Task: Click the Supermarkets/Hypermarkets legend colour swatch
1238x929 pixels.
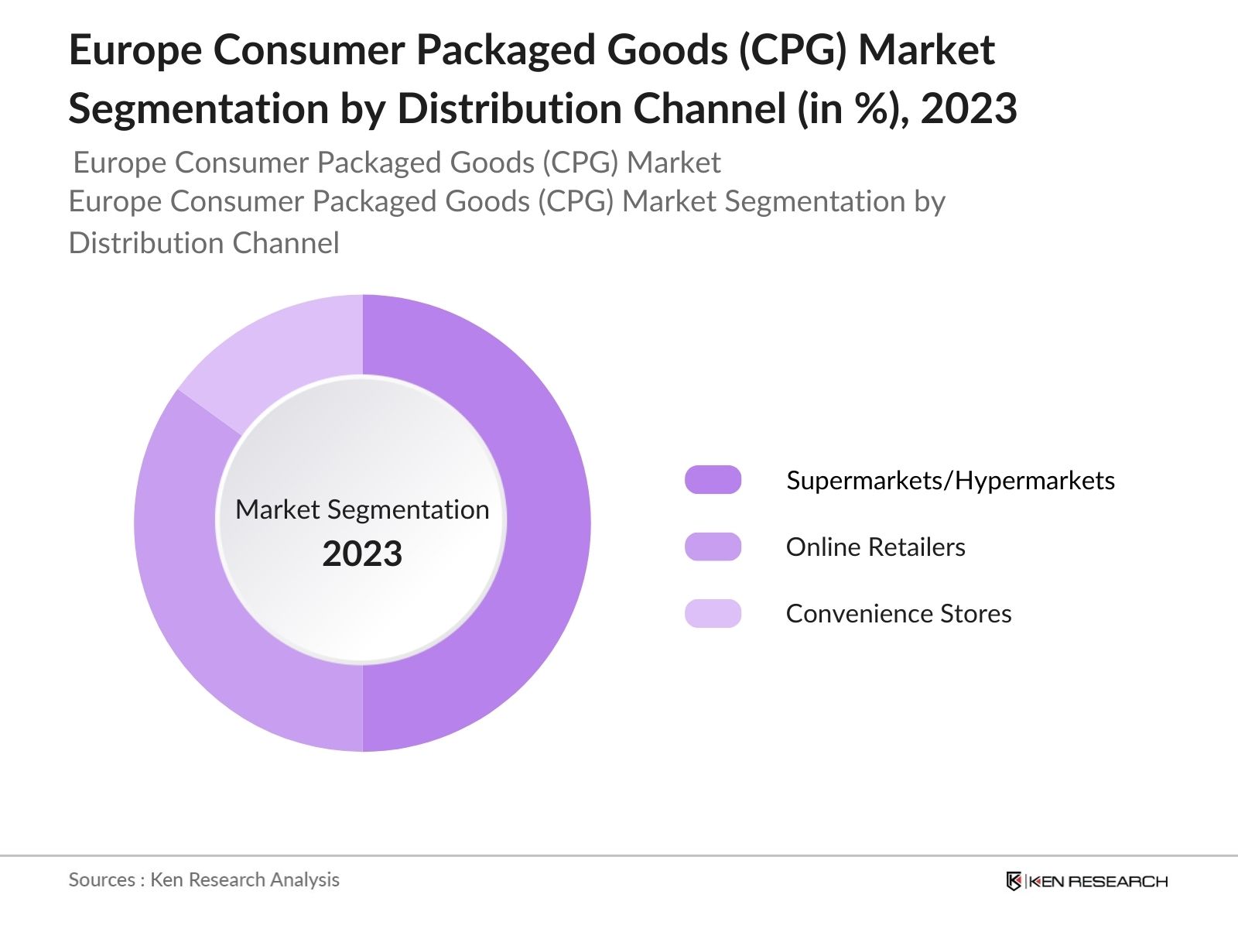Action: (x=713, y=480)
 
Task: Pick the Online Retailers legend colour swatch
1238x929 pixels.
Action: (x=713, y=547)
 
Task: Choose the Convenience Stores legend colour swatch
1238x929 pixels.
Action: (x=713, y=613)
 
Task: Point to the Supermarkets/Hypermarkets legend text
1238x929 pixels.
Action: (x=950, y=481)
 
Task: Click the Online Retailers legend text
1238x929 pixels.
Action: (x=875, y=547)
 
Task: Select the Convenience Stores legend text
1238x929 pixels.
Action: (x=898, y=614)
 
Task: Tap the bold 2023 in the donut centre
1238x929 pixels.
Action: (x=362, y=554)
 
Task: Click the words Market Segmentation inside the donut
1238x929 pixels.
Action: (x=362, y=509)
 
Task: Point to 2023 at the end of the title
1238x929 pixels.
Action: (x=969, y=108)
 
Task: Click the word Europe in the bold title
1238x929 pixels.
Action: (x=135, y=50)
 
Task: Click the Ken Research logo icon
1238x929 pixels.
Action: (x=1013, y=881)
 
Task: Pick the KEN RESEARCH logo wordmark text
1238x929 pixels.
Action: (x=1098, y=881)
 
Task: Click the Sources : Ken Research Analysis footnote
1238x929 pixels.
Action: (x=204, y=879)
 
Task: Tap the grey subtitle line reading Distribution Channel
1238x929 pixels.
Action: (x=204, y=243)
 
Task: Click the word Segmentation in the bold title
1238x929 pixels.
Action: (x=199, y=108)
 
